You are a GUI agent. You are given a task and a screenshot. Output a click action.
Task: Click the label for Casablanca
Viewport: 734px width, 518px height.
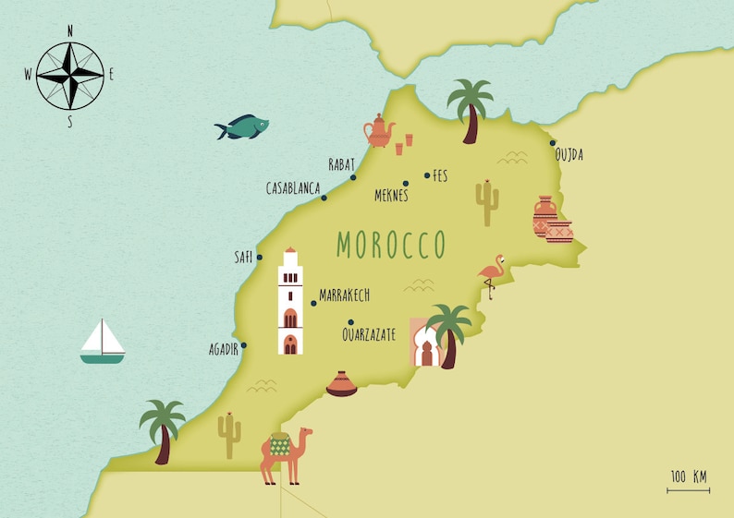292,187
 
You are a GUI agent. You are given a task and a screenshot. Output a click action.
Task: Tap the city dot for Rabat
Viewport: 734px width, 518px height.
352,177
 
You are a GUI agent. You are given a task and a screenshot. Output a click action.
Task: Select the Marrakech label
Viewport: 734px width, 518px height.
344,295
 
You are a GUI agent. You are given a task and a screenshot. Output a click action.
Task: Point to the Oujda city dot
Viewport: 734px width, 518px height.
553,143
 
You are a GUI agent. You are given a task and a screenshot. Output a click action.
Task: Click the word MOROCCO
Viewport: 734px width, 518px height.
391,245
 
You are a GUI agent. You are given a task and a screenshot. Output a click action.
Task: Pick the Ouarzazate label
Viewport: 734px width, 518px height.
368,334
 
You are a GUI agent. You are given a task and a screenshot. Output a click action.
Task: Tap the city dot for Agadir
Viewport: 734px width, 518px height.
245,348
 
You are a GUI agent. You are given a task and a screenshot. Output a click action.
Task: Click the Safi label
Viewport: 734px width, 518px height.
243,258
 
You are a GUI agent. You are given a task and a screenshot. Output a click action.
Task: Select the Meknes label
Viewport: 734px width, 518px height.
391,196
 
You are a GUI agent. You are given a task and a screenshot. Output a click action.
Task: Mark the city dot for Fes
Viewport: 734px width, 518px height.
427,175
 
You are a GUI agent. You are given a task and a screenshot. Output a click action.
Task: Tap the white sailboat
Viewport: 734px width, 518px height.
102,342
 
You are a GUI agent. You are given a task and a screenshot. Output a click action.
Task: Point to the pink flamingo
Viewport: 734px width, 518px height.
491,274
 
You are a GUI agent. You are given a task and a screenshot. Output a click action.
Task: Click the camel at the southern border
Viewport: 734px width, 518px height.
285,453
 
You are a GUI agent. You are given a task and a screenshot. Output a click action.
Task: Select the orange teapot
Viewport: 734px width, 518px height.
378,131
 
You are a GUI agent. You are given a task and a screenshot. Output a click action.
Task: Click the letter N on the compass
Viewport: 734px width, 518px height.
70,30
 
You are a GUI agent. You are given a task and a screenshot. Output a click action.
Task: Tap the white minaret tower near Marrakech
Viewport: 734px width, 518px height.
290,303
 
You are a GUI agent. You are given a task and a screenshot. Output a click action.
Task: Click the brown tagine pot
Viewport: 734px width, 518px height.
341,384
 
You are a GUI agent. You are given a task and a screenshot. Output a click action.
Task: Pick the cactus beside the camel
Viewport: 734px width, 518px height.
228,435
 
